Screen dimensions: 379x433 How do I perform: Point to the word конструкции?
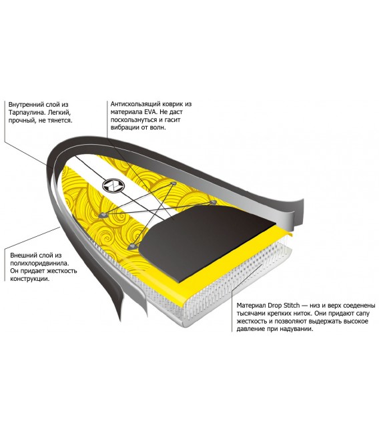point(30,279)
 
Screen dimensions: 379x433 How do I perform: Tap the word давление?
point(250,330)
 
